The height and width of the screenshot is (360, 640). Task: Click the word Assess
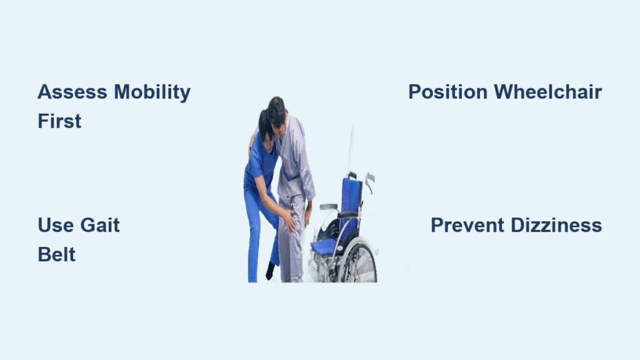[x=72, y=92]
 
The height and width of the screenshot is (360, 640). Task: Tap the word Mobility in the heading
[x=152, y=92]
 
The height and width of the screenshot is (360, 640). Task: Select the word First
[x=59, y=121]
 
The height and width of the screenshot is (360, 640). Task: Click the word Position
[x=447, y=92]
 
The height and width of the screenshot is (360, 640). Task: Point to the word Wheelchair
[x=547, y=92]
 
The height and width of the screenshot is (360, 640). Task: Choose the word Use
[x=56, y=225]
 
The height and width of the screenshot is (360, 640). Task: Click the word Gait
[x=100, y=225]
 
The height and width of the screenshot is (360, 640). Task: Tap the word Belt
[x=57, y=255]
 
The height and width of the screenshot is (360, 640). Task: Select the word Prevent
[x=467, y=225]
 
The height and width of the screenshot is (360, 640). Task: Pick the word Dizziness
[x=556, y=225]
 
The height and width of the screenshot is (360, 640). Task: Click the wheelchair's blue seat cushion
[x=324, y=246]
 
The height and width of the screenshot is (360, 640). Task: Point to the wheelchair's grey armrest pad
[x=329, y=206]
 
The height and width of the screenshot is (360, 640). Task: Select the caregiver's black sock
[x=270, y=271]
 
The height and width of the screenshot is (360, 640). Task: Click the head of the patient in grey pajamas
[x=277, y=111]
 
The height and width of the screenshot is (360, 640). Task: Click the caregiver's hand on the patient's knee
[x=290, y=221]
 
